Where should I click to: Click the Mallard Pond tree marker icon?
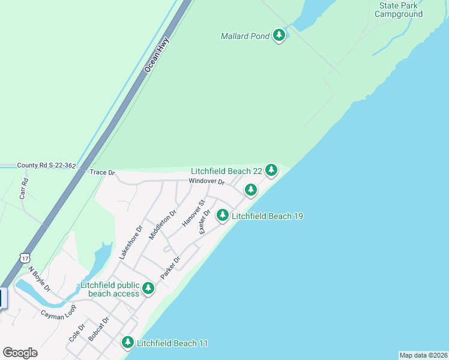(x=279, y=36)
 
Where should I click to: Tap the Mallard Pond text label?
(x=245, y=37)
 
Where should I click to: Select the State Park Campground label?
(x=399, y=10)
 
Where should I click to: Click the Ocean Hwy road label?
(x=157, y=55)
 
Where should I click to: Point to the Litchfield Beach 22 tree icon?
(x=271, y=170)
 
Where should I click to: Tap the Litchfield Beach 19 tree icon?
(x=223, y=215)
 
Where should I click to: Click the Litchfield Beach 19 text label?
(x=267, y=216)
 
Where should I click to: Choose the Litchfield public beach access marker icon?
(x=148, y=289)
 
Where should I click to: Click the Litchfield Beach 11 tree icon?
(x=127, y=343)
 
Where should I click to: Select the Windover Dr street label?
(x=206, y=181)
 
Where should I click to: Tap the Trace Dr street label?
(x=102, y=172)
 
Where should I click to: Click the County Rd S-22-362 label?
(x=46, y=165)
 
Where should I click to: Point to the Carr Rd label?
(x=25, y=188)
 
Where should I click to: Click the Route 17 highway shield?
(x=24, y=258)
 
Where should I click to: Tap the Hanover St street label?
(x=194, y=214)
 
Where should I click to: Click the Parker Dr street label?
(x=170, y=268)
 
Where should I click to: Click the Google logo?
(x=20, y=353)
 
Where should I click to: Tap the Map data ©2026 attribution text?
(x=423, y=355)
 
